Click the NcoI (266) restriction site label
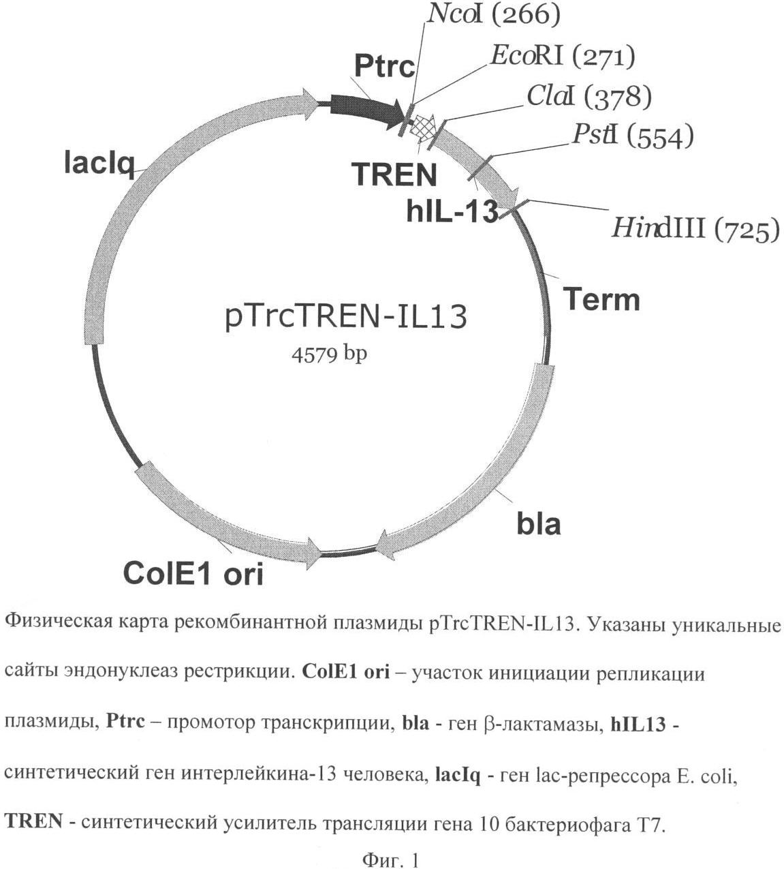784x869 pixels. point(493,16)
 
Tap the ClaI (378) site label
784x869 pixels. point(589,97)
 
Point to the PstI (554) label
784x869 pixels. point(633,136)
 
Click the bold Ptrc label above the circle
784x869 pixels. point(385,67)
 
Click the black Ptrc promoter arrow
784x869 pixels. point(367,111)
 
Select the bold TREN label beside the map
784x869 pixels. point(395,174)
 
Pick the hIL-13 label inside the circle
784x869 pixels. point(452,212)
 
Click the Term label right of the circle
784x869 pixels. point(601,300)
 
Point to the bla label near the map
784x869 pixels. point(539,523)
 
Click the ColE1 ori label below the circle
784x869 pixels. point(193,573)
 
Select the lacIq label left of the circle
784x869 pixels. point(99,165)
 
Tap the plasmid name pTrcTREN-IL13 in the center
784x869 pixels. point(346,318)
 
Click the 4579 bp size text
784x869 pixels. point(330,355)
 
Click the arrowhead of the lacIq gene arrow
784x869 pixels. point(317,103)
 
